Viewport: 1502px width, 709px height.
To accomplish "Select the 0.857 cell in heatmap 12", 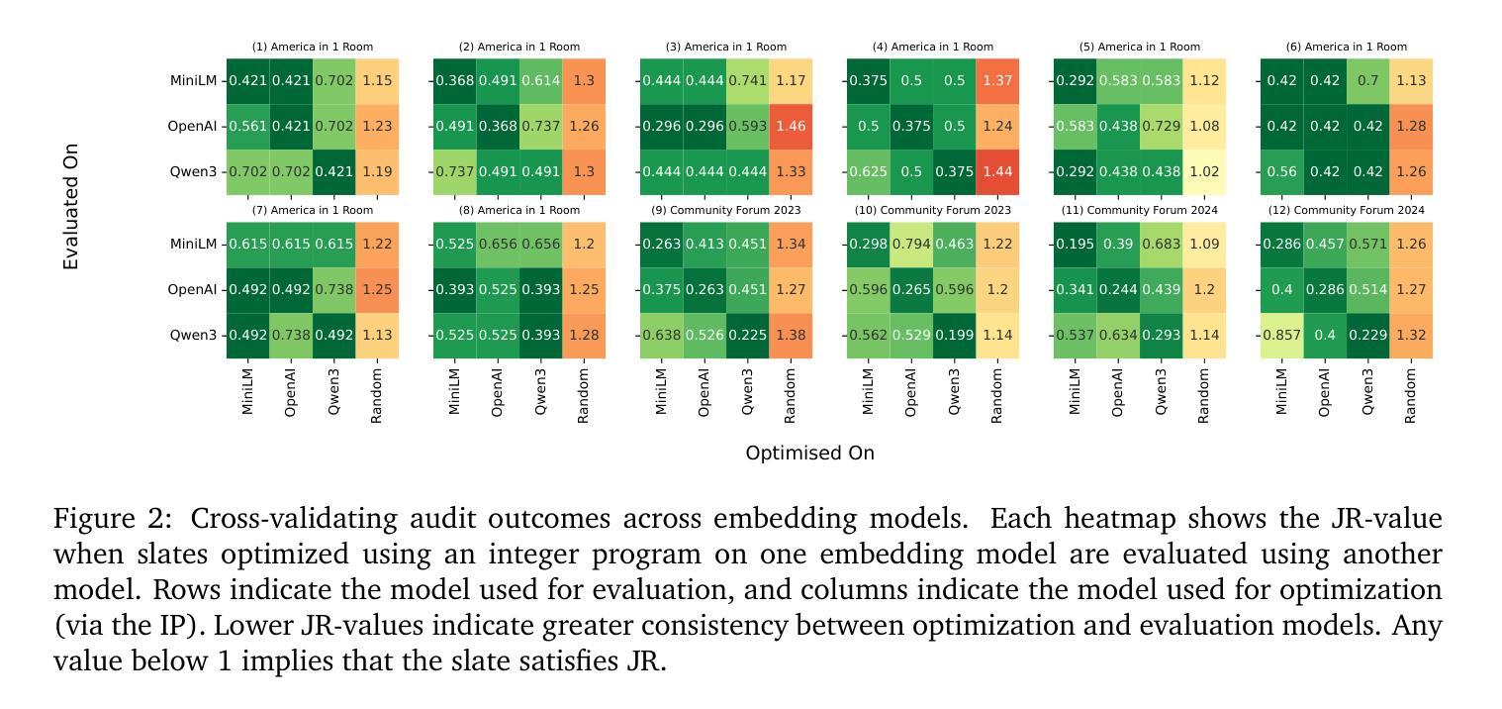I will (x=1281, y=335).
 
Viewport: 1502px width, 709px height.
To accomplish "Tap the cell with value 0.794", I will (x=911, y=244).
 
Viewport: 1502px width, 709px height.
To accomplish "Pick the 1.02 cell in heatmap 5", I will (x=1204, y=171).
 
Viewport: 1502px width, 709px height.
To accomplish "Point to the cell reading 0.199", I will (x=955, y=335).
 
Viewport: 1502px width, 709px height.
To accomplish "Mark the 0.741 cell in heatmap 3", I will (x=747, y=80).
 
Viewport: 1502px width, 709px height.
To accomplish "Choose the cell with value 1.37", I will (x=997, y=80).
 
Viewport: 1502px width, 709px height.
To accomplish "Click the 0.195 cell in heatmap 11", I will (x=1075, y=244).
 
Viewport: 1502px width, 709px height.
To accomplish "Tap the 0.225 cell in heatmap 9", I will (x=747, y=335).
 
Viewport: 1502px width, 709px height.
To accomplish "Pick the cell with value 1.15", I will (x=377, y=80).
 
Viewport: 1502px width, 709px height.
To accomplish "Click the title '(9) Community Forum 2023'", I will (x=725, y=210).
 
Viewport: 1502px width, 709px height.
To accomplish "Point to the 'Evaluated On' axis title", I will (x=70, y=207).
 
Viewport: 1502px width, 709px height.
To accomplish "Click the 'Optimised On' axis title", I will (x=809, y=454).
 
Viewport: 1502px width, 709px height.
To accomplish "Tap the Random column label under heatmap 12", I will (x=1410, y=396).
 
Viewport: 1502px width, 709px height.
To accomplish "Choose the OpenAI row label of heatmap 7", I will (x=192, y=290).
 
